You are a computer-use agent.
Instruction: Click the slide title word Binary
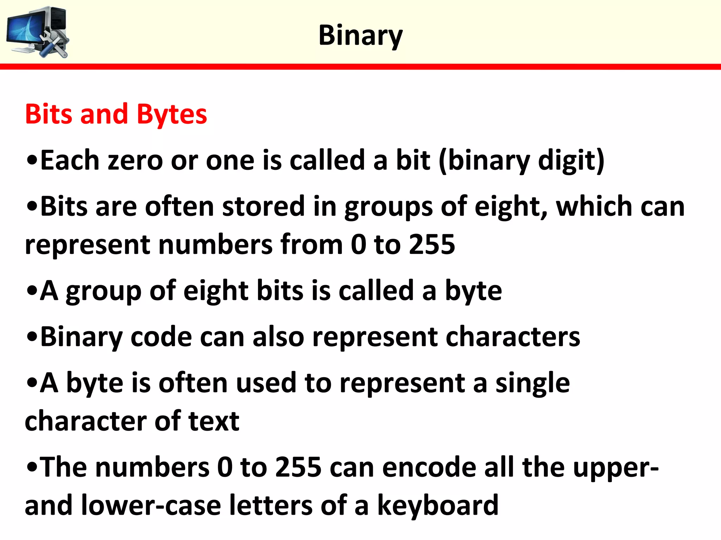(x=360, y=36)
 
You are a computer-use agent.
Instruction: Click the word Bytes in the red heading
(x=171, y=115)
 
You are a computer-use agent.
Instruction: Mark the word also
(x=278, y=337)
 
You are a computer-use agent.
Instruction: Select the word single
(x=532, y=383)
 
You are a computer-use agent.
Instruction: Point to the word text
(x=214, y=421)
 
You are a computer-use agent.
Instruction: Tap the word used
(x=266, y=383)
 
